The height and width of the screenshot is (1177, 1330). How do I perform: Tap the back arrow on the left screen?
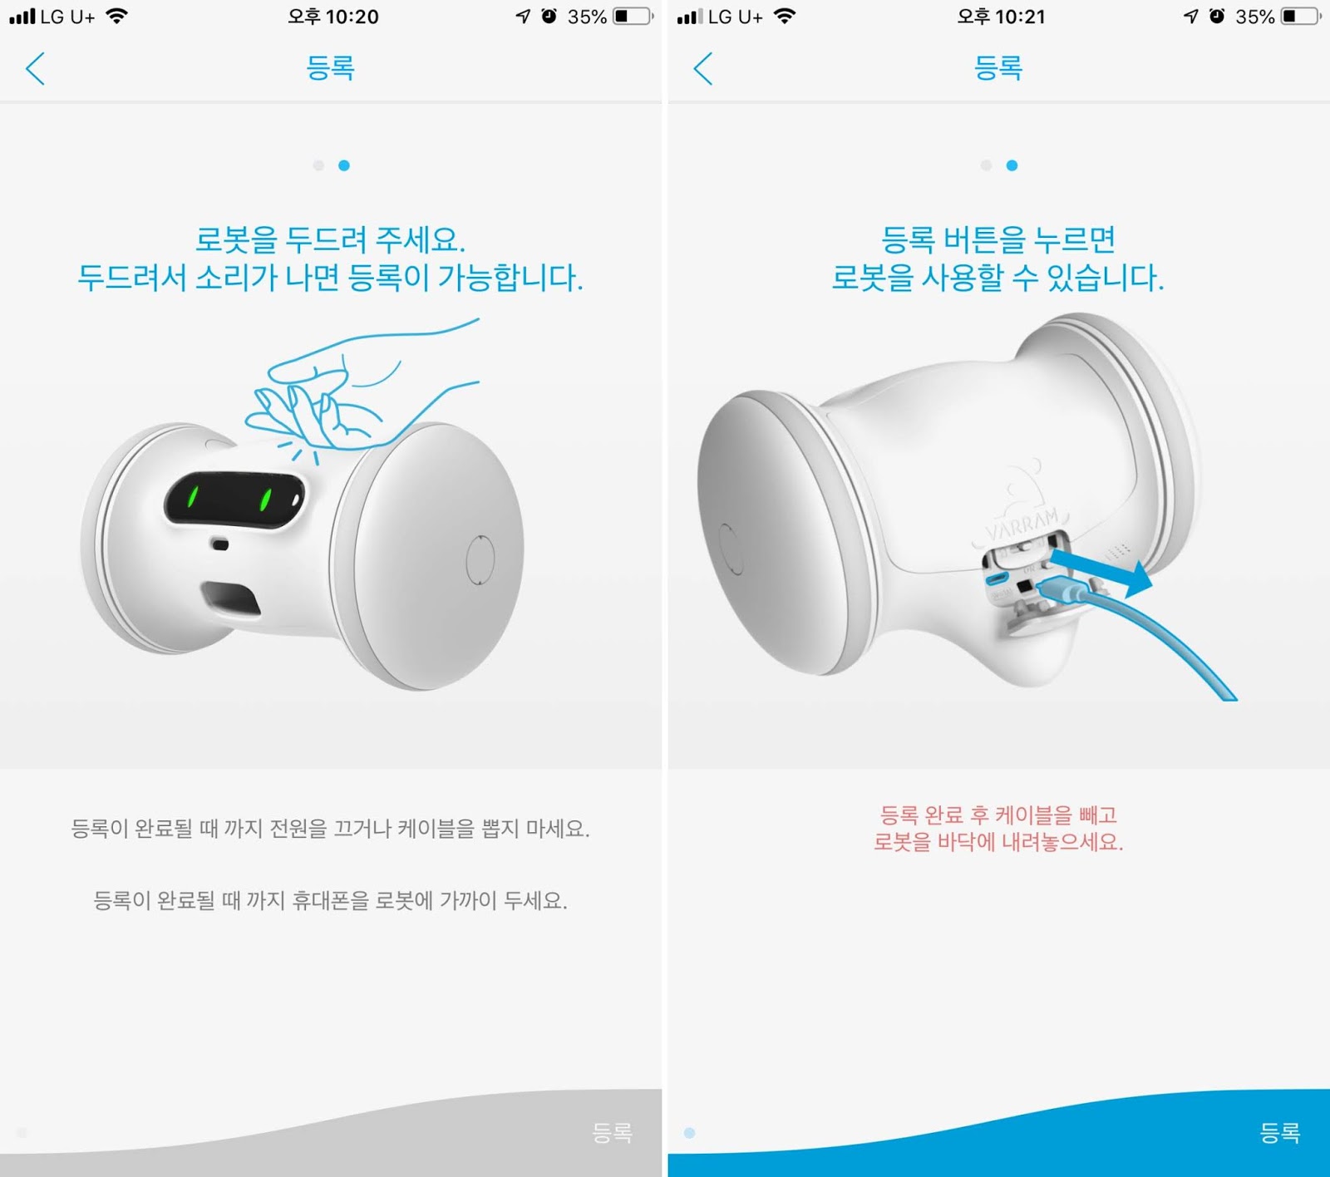pyautogui.click(x=35, y=68)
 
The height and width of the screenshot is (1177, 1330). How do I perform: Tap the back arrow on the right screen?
pyautogui.click(x=703, y=68)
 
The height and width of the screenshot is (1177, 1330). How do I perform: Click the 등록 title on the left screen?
pyautogui.click(x=331, y=67)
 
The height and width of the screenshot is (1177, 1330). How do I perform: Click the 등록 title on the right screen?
pyautogui.click(x=998, y=67)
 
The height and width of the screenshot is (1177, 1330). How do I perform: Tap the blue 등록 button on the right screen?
pyautogui.click(x=1279, y=1132)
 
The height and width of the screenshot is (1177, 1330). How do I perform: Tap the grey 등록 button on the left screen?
pyautogui.click(x=612, y=1132)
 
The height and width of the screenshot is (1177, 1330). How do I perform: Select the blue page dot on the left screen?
pyautogui.click(x=344, y=165)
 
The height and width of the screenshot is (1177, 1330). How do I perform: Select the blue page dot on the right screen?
pyautogui.click(x=1012, y=165)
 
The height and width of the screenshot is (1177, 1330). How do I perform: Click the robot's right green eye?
pyautogui.click(x=266, y=499)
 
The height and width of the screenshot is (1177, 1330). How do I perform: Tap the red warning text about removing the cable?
pyautogui.click(x=998, y=828)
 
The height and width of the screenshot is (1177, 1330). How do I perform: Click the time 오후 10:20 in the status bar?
pyautogui.click(x=332, y=17)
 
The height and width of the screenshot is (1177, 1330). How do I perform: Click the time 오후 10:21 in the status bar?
pyautogui.click(x=1001, y=17)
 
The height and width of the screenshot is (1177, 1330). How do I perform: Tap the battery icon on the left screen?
pyautogui.click(x=633, y=16)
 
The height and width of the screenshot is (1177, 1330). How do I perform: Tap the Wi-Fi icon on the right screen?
pyautogui.click(x=784, y=16)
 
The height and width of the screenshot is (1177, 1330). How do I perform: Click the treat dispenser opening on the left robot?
pyautogui.click(x=230, y=598)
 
